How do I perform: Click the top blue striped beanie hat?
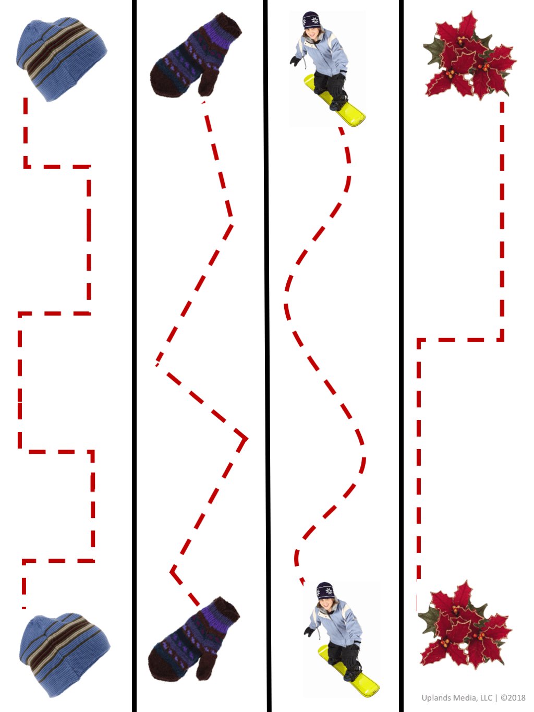pyautogui.click(x=62, y=59)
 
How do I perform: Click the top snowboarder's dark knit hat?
pyautogui.click(x=311, y=20)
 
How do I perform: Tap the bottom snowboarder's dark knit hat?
pyautogui.click(x=325, y=591)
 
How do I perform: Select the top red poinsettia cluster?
pyautogui.click(x=469, y=56)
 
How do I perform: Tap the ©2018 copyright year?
pyautogui.click(x=513, y=695)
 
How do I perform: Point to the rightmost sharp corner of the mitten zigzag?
pyautogui.click(x=247, y=439)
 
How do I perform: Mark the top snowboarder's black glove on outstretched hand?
pyautogui.click(x=295, y=61)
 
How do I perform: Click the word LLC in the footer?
pyautogui.click(x=486, y=695)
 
